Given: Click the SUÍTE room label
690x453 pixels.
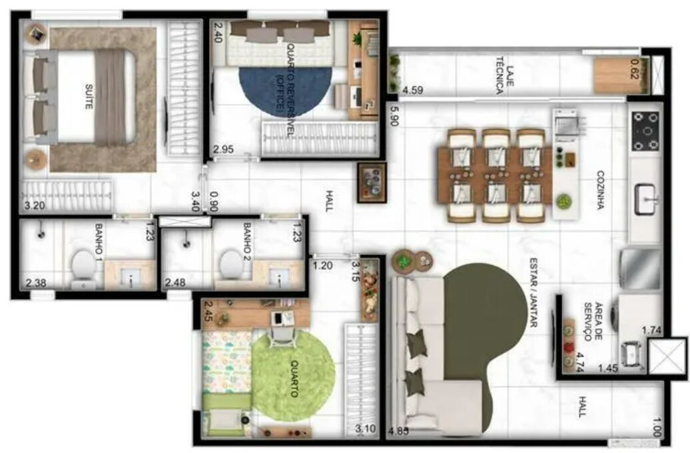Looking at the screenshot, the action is coord(89,97).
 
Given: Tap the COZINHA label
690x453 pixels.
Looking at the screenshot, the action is coord(601,190).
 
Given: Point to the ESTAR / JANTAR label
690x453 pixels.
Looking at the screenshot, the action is coord(533,292).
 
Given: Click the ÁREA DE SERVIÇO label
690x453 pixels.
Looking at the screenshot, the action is coord(593,321).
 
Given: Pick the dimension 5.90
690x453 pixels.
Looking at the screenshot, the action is coord(394,115).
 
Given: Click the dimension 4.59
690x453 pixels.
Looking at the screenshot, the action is coord(413,91).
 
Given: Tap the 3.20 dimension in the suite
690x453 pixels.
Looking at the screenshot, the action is coord(35,205).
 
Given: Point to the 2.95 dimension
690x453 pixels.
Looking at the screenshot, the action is coord(223,149).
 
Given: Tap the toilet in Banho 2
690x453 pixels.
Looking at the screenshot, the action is coord(230,264).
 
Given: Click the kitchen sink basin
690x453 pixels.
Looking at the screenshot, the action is coord(645,199).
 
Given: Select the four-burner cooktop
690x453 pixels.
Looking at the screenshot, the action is coord(645,131).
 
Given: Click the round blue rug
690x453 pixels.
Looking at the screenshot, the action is coord(285,91).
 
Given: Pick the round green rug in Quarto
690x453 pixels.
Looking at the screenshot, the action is coord(294,376).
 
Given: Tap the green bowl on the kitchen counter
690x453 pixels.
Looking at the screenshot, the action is coord(563,202).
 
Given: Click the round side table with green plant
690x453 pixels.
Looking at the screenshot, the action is coord(404,262).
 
